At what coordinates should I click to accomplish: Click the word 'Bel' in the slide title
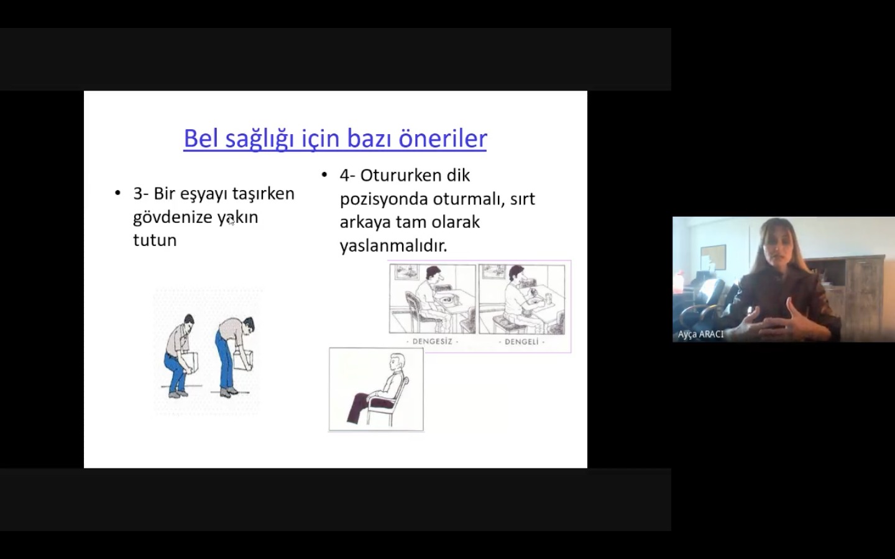(x=201, y=138)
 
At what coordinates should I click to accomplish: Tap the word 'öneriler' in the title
(x=443, y=138)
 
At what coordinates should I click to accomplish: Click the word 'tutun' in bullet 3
(x=155, y=240)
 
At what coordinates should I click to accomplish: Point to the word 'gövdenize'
(x=173, y=217)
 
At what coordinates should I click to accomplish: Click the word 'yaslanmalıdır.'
(x=393, y=245)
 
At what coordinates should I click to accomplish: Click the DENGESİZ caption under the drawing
(x=433, y=342)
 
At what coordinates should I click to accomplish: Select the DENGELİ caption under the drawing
(x=521, y=342)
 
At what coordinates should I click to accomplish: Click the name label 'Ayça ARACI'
(x=700, y=334)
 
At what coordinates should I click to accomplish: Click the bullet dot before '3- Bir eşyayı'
(x=117, y=194)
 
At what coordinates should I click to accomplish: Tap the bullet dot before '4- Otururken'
(x=324, y=175)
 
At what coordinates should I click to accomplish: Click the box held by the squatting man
(x=190, y=361)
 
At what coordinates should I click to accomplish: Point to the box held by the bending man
(x=244, y=360)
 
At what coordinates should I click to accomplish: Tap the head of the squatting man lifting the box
(x=188, y=322)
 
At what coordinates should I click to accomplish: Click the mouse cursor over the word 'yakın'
(x=231, y=221)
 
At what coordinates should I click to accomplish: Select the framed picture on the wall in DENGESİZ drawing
(x=406, y=272)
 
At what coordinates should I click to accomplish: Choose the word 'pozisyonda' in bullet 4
(x=383, y=199)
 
